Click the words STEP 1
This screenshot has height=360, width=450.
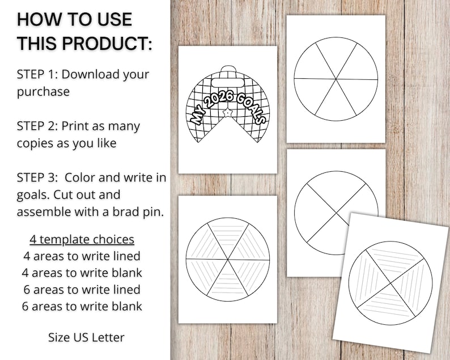[37, 74]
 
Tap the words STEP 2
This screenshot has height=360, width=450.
[37, 126]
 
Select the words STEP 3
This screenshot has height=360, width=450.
[37, 178]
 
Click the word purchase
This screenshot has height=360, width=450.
[43, 91]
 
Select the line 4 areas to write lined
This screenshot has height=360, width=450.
[82, 256]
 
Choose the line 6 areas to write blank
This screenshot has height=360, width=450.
[82, 306]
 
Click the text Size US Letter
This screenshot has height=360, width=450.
[86, 337]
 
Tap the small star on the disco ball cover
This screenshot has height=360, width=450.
[227, 112]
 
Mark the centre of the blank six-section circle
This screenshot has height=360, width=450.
[336, 78]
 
